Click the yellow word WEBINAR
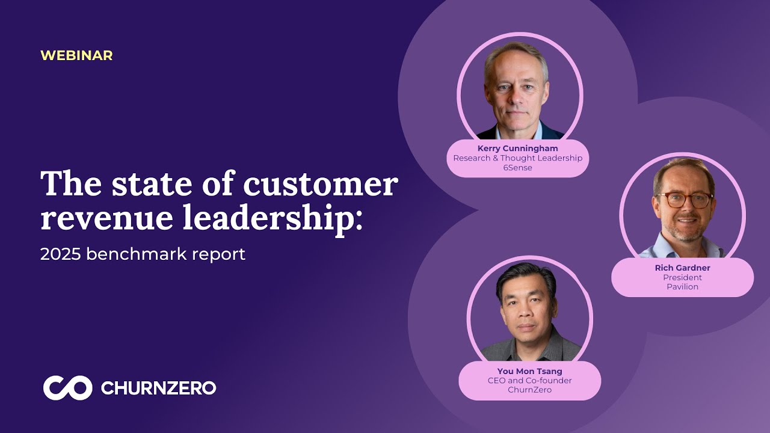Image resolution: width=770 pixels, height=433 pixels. coord(76,55)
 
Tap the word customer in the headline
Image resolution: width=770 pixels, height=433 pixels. coord(321,184)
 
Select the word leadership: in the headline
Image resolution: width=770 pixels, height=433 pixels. coord(273,218)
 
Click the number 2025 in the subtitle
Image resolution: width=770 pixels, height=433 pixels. coord(61,254)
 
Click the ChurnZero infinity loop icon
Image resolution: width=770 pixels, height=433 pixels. coord(67,388)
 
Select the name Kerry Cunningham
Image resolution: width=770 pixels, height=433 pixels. coord(517,149)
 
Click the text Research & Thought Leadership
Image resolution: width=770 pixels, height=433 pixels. coord(517,158)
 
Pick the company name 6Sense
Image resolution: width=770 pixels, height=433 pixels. coord(517,168)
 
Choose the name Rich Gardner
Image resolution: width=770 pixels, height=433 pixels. coord(682,268)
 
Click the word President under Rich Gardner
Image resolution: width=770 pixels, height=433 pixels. coord(682,278)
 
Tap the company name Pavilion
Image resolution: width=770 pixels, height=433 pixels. coord(682,287)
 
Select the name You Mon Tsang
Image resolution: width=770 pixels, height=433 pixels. coord(529,371)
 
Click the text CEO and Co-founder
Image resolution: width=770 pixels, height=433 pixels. coord(529,381)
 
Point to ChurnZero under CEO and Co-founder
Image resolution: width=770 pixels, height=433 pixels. coord(529,390)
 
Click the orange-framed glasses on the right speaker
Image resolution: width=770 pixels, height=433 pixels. coord(685,200)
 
